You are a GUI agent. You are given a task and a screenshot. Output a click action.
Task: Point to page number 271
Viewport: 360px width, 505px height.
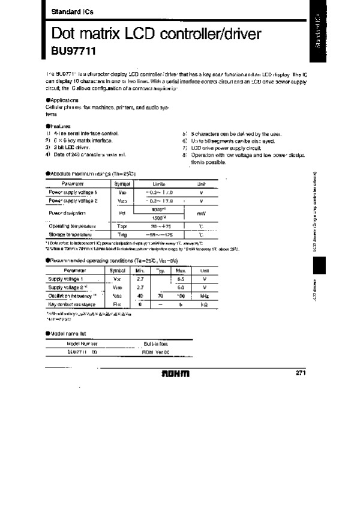302,373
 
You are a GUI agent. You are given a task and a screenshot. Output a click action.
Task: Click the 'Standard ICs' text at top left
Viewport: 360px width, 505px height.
67,12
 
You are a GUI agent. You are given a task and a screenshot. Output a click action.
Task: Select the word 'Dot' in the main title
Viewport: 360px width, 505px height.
64,34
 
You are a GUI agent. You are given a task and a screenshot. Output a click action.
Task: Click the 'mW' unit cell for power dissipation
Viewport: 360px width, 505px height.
201,213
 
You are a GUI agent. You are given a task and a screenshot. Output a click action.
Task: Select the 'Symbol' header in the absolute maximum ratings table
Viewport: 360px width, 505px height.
122,183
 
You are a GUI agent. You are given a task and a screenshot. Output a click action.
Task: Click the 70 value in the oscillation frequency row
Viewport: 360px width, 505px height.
160,296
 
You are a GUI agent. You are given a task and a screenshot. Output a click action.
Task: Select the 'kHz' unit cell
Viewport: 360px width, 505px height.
204,296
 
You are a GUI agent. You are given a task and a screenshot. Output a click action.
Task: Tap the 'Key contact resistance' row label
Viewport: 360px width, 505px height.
71,304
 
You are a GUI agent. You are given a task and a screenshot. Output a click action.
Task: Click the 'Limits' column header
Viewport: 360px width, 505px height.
158,183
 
